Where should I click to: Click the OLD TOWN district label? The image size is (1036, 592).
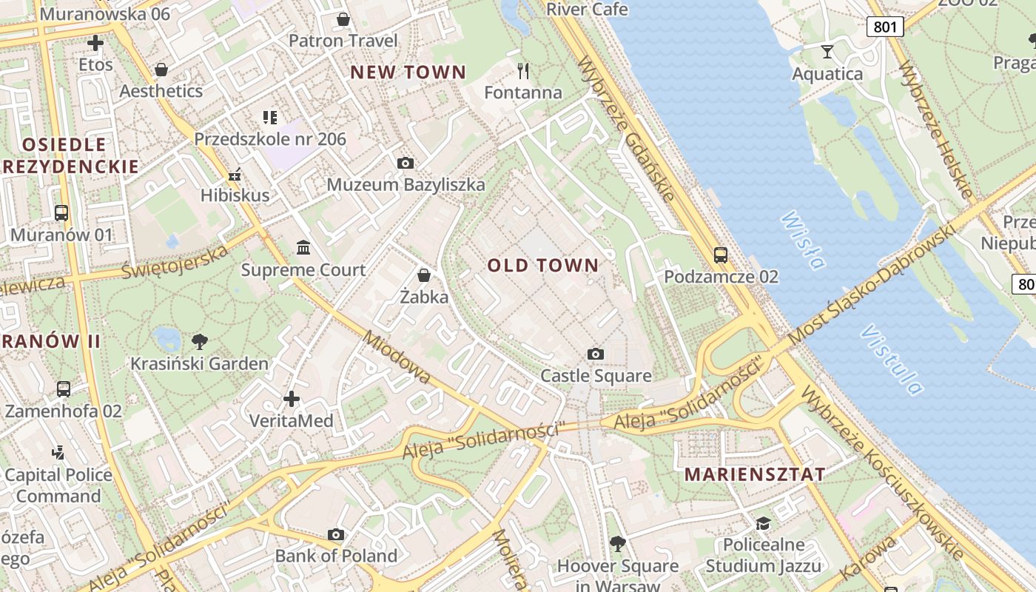543,266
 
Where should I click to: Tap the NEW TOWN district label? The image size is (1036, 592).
408,73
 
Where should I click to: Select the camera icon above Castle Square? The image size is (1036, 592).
596,354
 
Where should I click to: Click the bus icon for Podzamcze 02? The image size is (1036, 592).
721,255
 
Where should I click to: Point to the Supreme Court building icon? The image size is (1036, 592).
303,247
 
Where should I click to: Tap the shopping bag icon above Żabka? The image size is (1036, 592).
424,275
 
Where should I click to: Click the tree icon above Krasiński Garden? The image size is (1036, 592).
199,341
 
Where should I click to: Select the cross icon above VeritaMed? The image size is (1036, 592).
292,399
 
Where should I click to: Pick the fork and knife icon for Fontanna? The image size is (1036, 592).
523,71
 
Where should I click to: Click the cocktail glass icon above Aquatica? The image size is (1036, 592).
827,52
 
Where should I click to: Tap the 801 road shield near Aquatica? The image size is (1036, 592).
885,27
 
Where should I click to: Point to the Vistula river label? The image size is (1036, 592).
892,360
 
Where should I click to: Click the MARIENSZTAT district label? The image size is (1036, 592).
755,474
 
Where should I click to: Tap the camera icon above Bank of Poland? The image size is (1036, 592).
336,534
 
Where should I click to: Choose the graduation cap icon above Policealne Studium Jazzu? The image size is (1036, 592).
763,524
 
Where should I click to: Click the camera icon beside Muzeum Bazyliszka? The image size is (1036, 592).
406,163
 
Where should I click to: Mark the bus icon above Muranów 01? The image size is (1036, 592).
61,213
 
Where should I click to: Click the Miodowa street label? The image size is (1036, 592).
397,357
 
